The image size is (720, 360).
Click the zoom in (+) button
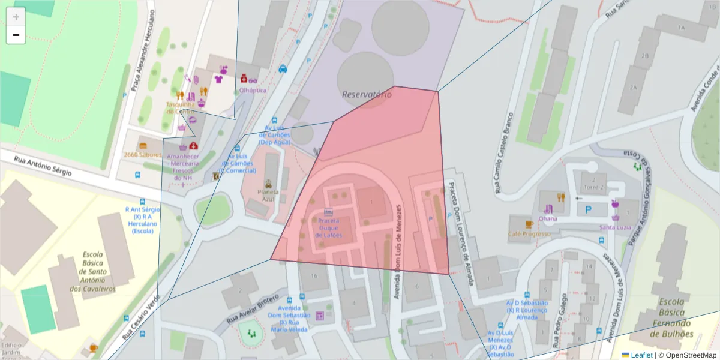(16, 16)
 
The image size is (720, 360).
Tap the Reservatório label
(362, 94)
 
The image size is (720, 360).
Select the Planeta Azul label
(268, 196)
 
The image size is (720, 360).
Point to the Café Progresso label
(529, 233)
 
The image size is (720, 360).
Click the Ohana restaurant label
(547, 218)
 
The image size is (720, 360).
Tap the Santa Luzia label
(614, 227)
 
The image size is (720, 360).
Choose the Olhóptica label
(253, 90)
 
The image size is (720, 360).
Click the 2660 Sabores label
(143, 155)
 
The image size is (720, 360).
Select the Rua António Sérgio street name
(43, 166)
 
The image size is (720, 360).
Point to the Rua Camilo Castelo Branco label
(503, 152)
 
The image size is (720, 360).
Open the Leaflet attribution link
(641, 355)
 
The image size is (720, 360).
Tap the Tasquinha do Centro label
(180, 107)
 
